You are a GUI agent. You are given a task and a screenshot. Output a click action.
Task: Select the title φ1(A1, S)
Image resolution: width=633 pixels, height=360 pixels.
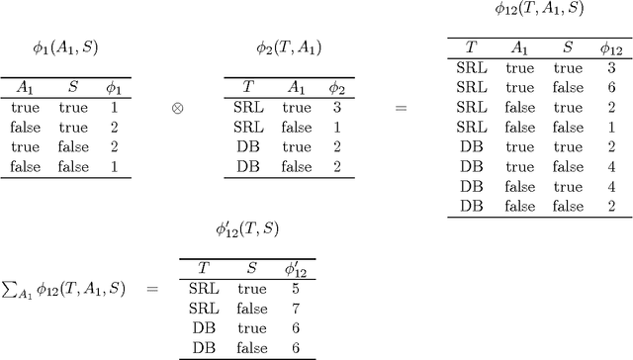click(65, 47)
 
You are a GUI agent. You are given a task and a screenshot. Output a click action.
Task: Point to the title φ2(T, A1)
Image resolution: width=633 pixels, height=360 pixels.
click(288, 47)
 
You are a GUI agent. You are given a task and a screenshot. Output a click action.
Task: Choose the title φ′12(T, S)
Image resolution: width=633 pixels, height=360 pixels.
click(246, 229)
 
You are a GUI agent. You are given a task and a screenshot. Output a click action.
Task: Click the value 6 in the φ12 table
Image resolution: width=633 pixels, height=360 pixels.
click(611, 87)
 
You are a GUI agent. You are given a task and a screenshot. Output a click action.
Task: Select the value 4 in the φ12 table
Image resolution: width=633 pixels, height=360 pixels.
click(611, 167)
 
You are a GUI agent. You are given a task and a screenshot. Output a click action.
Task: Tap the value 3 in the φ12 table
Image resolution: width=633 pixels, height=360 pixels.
click(611, 68)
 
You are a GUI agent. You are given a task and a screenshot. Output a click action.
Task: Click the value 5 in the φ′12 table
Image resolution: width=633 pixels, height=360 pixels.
click(296, 289)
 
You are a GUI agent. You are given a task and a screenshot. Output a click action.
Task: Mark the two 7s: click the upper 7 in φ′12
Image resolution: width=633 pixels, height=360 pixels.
click(296, 309)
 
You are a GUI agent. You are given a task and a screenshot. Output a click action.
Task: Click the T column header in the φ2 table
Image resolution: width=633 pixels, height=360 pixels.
click(247, 87)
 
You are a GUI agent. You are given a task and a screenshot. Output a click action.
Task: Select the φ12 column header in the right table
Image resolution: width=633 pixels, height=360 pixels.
click(611, 48)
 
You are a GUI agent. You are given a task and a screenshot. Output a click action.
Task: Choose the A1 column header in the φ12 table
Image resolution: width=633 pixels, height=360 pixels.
click(519, 48)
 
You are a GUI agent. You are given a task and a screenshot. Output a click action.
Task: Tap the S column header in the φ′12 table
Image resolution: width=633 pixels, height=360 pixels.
click(251, 269)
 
